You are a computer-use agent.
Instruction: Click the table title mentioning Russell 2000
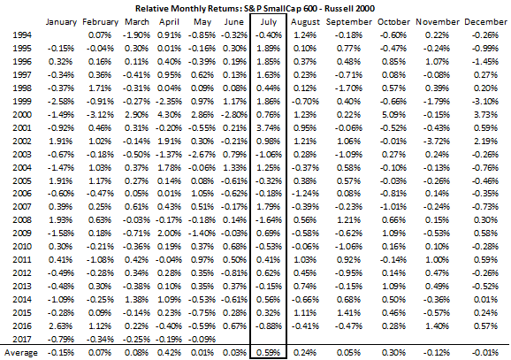click(x=255, y=8)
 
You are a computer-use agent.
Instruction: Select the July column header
click(x=269, y=22)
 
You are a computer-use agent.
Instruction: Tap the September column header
click(x=348, y=22)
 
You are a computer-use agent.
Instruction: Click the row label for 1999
click(x=22, y=101)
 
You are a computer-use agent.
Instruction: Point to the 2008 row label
click(x=22, y=219)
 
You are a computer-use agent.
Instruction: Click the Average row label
click(x=21, y=353)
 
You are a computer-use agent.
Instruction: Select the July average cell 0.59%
click(x=268, y=353)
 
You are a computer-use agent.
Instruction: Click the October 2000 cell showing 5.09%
click(x=393, y=114)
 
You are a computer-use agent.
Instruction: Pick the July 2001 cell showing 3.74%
click(x=268, y=128)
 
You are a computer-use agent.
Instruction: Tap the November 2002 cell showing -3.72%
click(x=437, y=142)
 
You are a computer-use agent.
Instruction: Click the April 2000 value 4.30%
click(x=169, y=114)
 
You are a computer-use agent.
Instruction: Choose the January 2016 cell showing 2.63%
click(x=61, y=326)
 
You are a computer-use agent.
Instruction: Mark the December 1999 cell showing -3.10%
click(x=485, y=101)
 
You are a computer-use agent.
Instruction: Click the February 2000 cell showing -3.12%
click(x=100, y=114)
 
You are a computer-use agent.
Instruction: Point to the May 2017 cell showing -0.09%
click(x=202, y=339)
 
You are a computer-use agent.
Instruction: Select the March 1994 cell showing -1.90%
click(x=136, y=34)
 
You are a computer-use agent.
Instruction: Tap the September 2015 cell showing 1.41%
click(x=348, y=312)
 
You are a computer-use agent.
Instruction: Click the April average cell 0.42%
click(x=169, y=353)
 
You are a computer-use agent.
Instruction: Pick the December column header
click(x=485, y=22)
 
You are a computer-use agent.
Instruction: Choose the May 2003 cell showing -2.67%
click(x=202, y=154)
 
